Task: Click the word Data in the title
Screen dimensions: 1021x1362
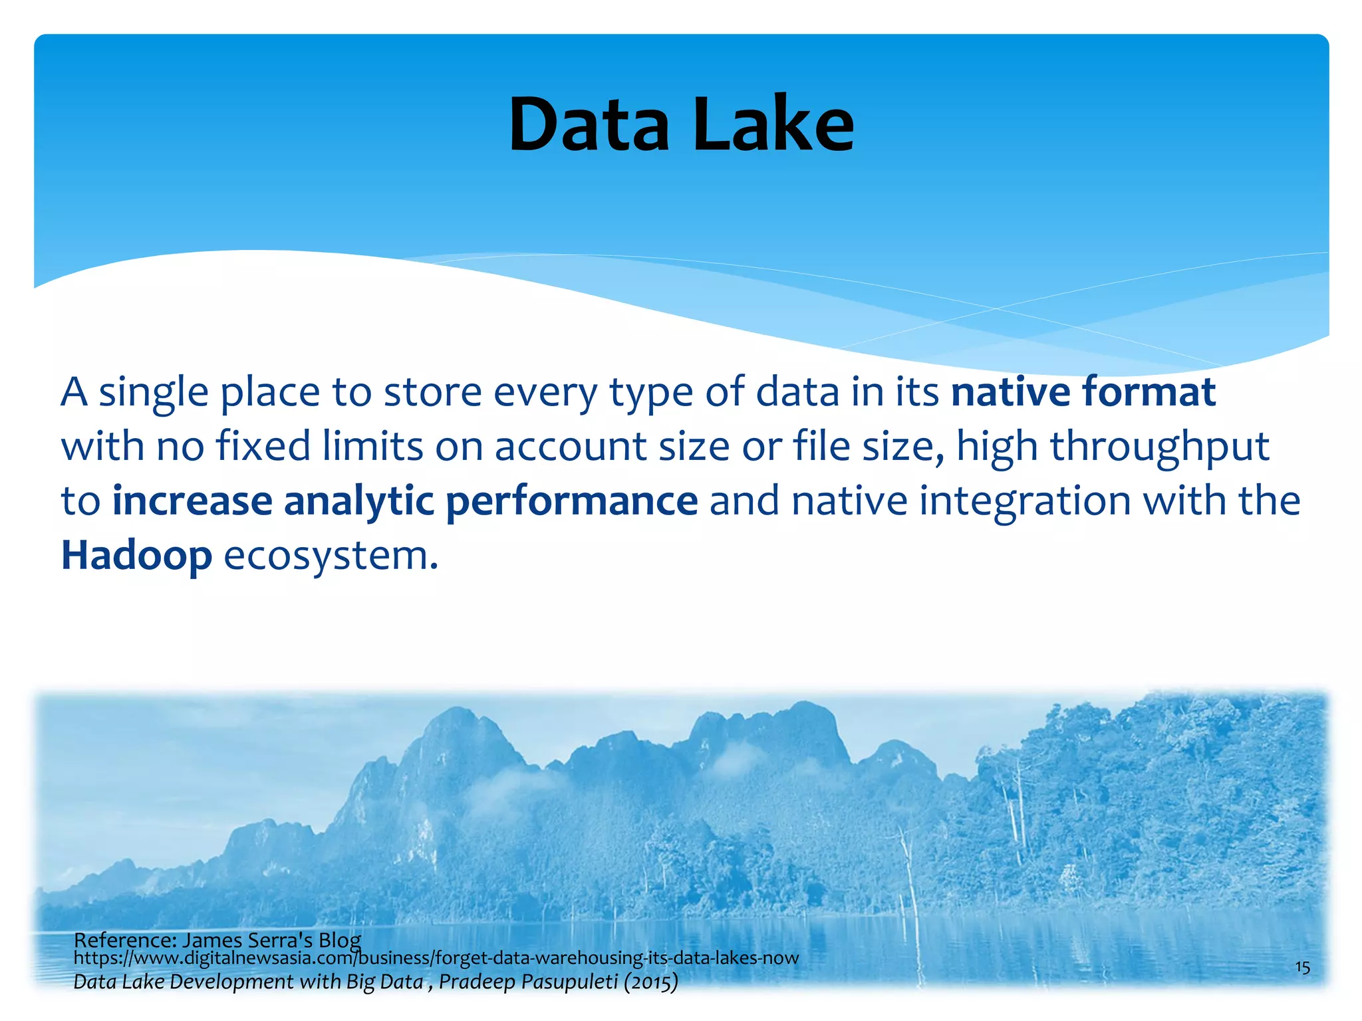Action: (x=589, y=125)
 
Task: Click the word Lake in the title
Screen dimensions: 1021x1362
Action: (x=773, y=125)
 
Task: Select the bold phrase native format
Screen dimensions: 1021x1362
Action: (x=1083, y=392)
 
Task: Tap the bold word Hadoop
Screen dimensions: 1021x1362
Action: (x=136, y=556)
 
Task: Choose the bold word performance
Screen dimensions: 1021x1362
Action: (x=572, y=502)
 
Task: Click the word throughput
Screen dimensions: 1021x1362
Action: (x=1160, y=447)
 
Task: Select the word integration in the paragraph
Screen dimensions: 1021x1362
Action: (x=1025, y=501)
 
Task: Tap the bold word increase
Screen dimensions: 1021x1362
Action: (x=192, y=502)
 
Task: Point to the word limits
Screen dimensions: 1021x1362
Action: (x=372, y=447)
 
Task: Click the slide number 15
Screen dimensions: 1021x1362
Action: (x=1302, y=967)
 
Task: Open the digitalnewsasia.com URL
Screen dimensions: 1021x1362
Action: (x=436, y=959)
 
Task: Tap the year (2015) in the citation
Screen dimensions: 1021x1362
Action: (x=650, y=982)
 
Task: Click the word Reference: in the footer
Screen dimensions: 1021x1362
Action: (x=124, y=940)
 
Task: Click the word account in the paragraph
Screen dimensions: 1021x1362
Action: (x=570, y=447)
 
